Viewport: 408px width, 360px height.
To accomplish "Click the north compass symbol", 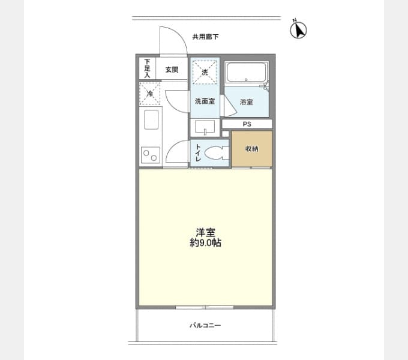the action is (298, 29).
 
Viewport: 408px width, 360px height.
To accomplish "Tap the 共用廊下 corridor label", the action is (205, 37).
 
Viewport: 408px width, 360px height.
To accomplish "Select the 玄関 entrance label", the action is (172, 70).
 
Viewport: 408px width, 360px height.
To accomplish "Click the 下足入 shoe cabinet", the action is (147, 68).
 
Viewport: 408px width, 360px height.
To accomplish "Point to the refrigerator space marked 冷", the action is (149, 94).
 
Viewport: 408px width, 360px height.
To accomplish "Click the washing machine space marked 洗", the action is (205, 72).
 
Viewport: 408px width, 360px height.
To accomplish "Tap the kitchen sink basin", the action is (151, 119).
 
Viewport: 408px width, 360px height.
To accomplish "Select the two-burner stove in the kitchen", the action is (151, 155).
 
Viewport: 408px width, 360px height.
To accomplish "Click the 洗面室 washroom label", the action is (205, 101).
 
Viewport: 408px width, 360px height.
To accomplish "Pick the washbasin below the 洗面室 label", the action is (205, 127).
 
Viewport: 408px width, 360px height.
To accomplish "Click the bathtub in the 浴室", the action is (246, 73).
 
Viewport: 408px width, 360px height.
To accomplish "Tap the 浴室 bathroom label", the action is (246, 102).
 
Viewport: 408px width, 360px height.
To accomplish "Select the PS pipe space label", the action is (247, 124).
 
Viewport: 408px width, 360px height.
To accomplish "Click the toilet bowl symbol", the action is (215, 152).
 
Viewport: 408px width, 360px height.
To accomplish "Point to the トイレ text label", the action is (198, 152).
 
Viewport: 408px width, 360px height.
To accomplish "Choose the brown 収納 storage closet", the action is (251, 149).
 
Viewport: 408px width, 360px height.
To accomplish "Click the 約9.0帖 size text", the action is (205, 242).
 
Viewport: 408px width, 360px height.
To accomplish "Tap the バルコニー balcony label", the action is (205, 325).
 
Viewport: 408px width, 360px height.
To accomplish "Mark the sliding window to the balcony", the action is (205, 307).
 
